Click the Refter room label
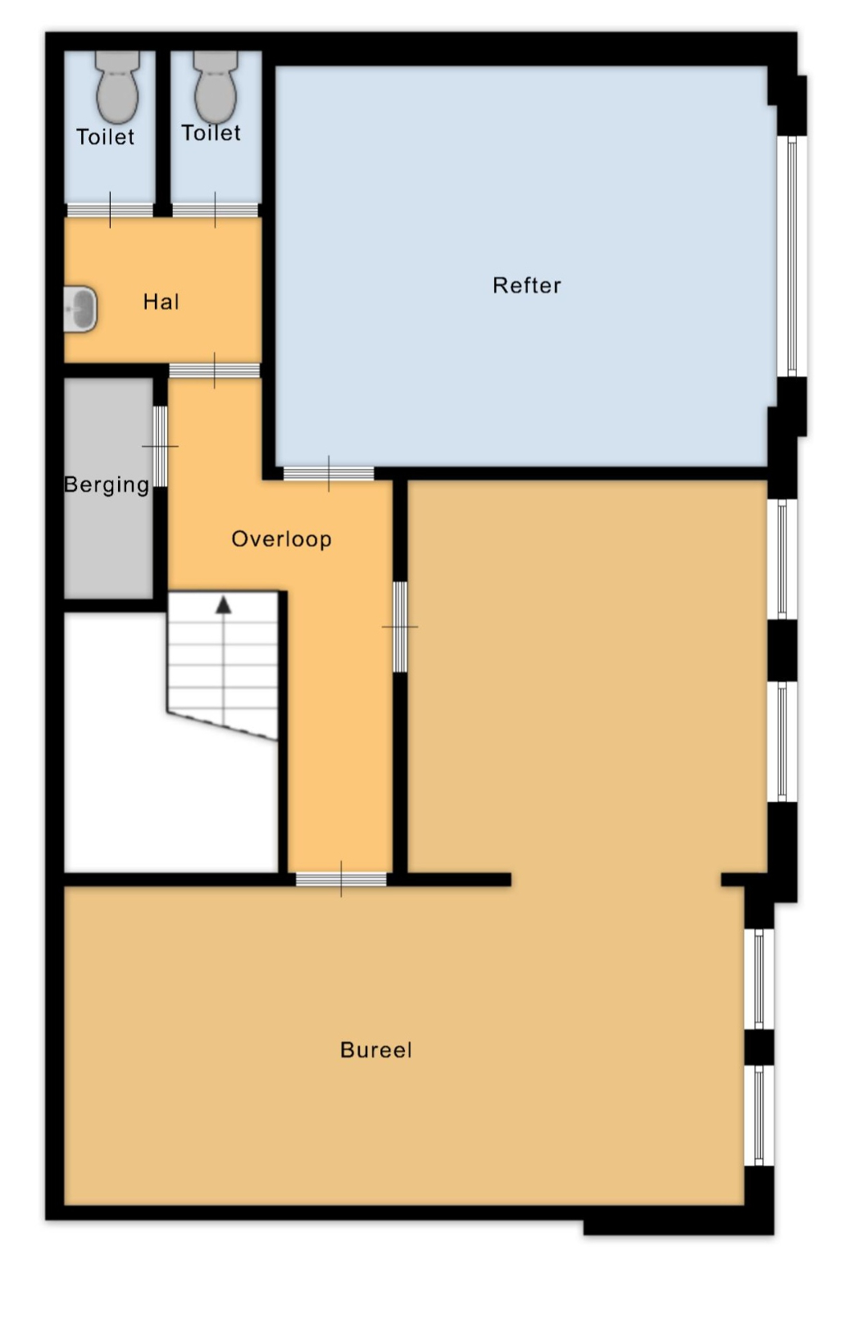pyautogui.click(x=526, y=286)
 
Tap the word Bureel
pyautogui.click(x=375, y=1050)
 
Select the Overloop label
pyautogui.click(x=281, y=539)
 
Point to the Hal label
pyautogui.click(x=161, y=302)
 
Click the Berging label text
pyautogui.click(x=107, y=485)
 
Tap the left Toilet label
pyautogui.click(x=106, y=137)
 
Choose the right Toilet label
pyautogui.click(x=211, y=133)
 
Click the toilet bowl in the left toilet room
pyautogui.click(x=117, y=87)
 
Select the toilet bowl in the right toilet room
pyautogui.click(x=215, y=87)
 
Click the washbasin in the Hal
pyautogui.click(x=80, y=309)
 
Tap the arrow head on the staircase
pyautogui.click(x=223, y=605)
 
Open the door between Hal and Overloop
pyautogui.click(x=215, y=371)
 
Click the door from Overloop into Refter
pyautogui.click(x=329, y=473)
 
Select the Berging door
pyautogui.click(x=160, y=446)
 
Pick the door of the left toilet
pyautogui.click(x=110, y=210)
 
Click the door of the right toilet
pyautogui.click(x=215, y=210)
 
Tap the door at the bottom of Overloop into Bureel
pyautogui.click(x=341, y=880)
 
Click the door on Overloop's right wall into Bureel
pyautogui.click(x=400, y=626)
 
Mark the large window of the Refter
pyautogui.click(x=792, y=256)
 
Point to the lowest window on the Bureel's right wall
pyautogui.click(x=758, y=1116)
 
